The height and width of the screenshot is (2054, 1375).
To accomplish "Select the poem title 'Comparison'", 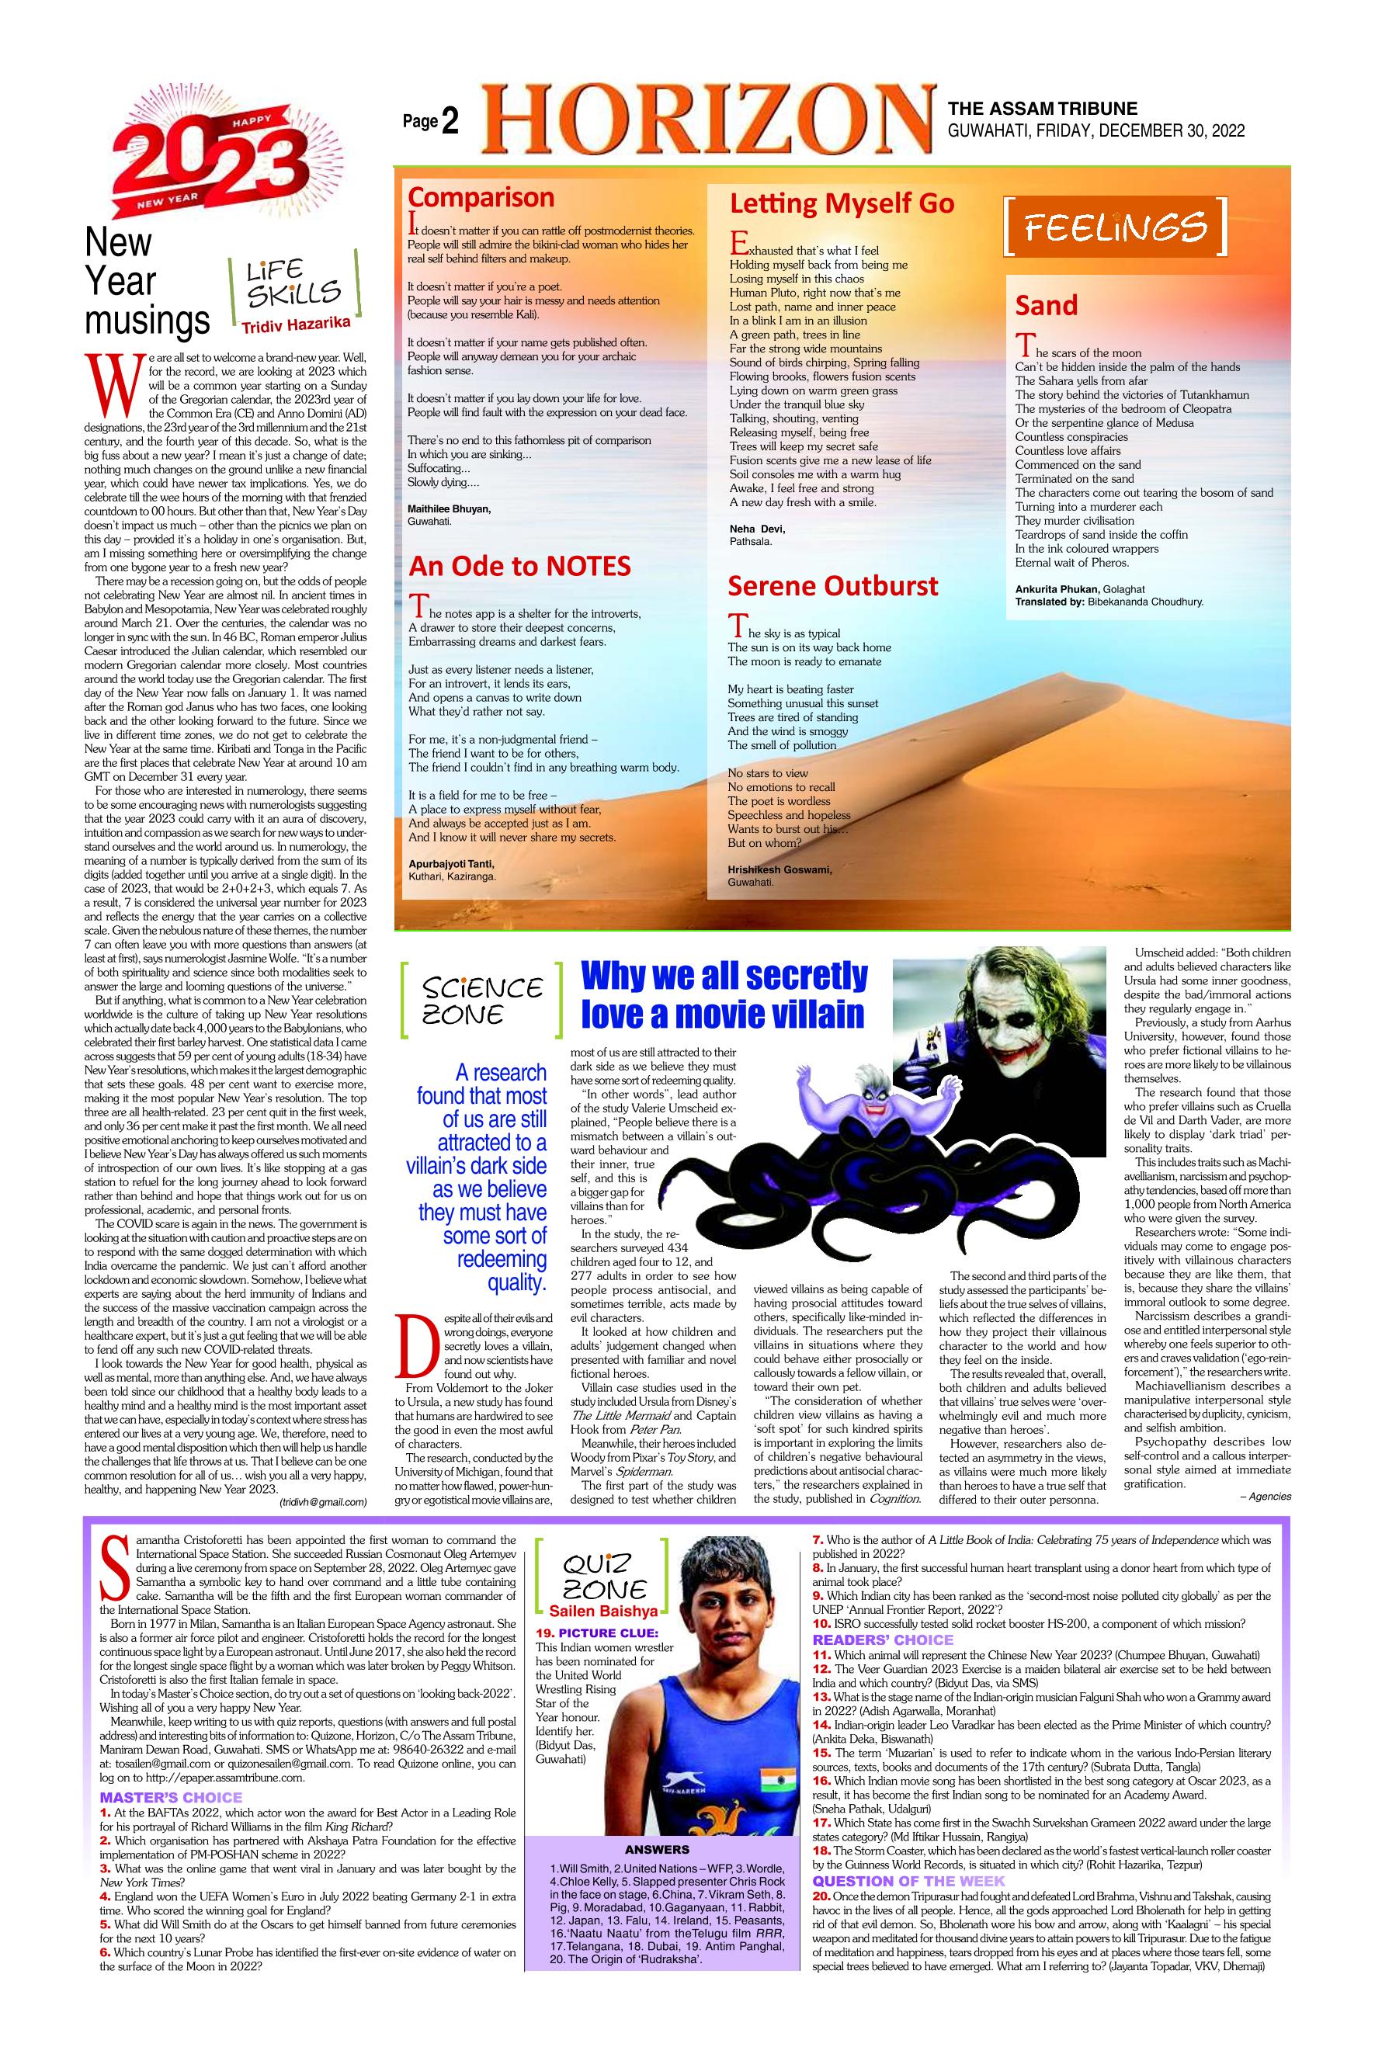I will point(481,196).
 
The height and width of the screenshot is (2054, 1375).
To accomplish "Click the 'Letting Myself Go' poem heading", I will point(842,203).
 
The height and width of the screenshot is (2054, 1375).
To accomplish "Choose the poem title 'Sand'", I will point(1045,306).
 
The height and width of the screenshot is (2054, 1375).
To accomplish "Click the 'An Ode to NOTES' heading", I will point(519,567).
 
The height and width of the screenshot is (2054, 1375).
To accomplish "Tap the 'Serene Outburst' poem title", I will point(833,585).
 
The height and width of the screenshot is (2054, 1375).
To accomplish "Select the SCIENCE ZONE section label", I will point(481,1001).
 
